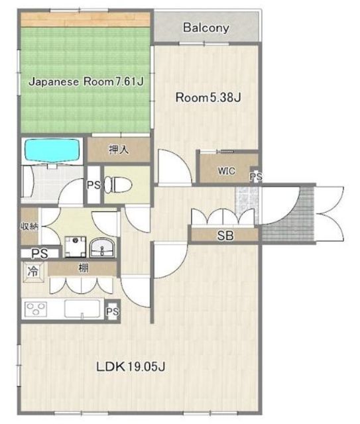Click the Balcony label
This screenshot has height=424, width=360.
[x=206, y=28]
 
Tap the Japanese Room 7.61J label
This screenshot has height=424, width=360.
[x=86, y=81]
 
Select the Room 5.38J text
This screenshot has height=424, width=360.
[x=208, y=97]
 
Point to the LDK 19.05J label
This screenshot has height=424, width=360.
[x=131, y=366]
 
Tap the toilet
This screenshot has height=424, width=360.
[x=118, y=185]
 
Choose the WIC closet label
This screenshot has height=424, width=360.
[x=226, y=171]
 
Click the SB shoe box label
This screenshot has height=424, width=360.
[x=225, y=236]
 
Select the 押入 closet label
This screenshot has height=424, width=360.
[x=119, y=149]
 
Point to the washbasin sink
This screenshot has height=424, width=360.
[x=102, y=248]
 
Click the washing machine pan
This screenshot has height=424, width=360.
[x=75, y=247]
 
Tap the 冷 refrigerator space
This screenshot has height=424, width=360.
[x=33, y=272]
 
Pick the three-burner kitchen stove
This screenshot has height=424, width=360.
[x=35, y=309]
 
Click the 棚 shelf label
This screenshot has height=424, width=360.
[x=83, y=268]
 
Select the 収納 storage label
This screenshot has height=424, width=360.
[x=29, y=226]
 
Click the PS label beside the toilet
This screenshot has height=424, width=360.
[x=93, y=185]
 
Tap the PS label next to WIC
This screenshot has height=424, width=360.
[x=256, y=177]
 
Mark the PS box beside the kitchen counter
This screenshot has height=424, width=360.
[x=113, y=311]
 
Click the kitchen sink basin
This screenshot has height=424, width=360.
[x=82, y=309]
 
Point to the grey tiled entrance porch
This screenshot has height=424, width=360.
[x=288, y=214]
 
